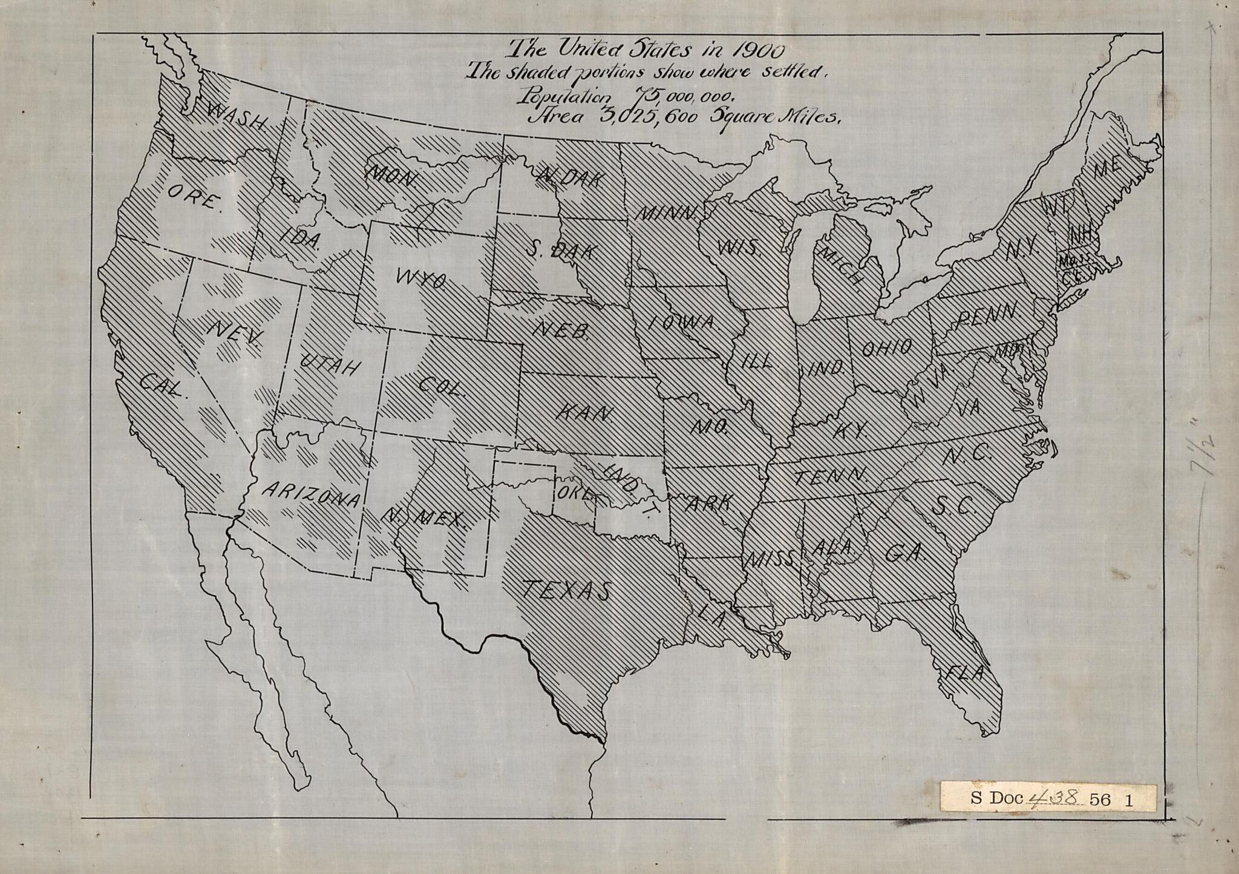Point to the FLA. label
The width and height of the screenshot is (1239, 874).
[967, 672]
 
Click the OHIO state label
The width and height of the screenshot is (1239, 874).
[886, 348]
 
